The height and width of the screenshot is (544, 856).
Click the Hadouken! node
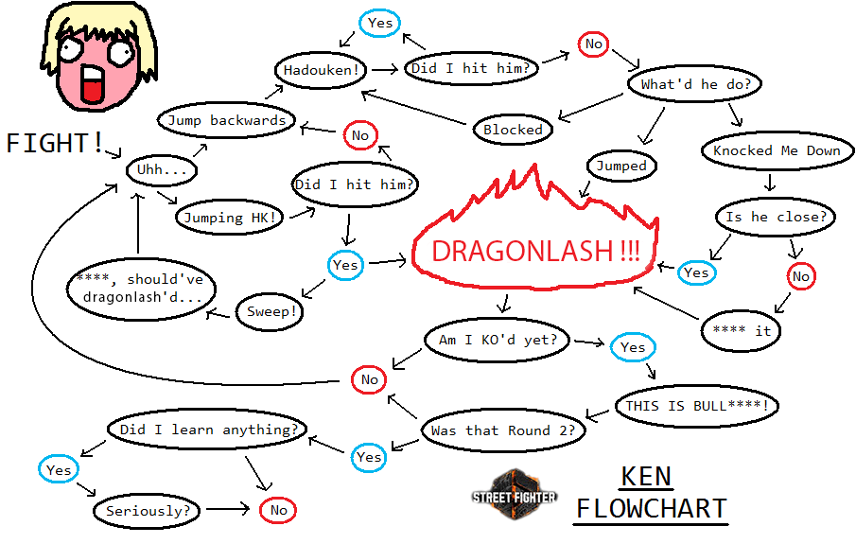click(321, 69)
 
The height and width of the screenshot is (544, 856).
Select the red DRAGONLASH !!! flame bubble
click(535, 252)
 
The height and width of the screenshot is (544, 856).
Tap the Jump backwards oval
click(226, 120)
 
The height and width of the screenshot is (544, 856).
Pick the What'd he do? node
click(695, 84)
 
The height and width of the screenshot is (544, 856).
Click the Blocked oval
click(513, 130)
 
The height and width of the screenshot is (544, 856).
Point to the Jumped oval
click(621, 167)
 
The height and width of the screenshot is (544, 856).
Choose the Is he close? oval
click(776, 217)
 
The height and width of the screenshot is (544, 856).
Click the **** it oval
click(741, 331)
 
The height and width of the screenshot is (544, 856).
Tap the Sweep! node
click(270, 311)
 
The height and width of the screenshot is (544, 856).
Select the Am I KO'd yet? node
click(498, 340)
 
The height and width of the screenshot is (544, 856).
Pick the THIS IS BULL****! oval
click(698, 406)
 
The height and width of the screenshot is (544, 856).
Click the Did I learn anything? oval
click(208, 430)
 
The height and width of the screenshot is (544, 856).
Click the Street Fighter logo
click(515, 493)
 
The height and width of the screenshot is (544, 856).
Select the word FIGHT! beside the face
click(55, 143)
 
